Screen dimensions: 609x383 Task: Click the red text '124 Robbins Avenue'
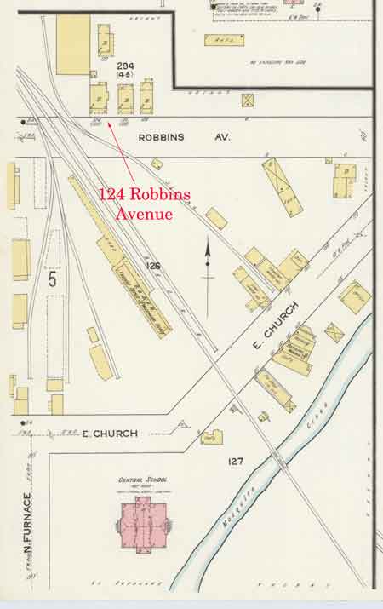tap(144, 204)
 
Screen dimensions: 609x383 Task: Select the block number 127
tap(236, 461)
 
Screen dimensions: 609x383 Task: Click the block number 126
tap(153, 267)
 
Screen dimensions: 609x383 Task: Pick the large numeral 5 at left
tap(53, 279)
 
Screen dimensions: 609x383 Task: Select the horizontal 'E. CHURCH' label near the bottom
tap(110, 434)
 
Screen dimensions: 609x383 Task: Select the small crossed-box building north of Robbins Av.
tap(248, 100)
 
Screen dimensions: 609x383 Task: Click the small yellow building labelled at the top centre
tap(224, 39)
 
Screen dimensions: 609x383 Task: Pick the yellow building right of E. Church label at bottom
tap(212, 437)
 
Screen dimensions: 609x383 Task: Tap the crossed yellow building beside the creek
tap(334, 331)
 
